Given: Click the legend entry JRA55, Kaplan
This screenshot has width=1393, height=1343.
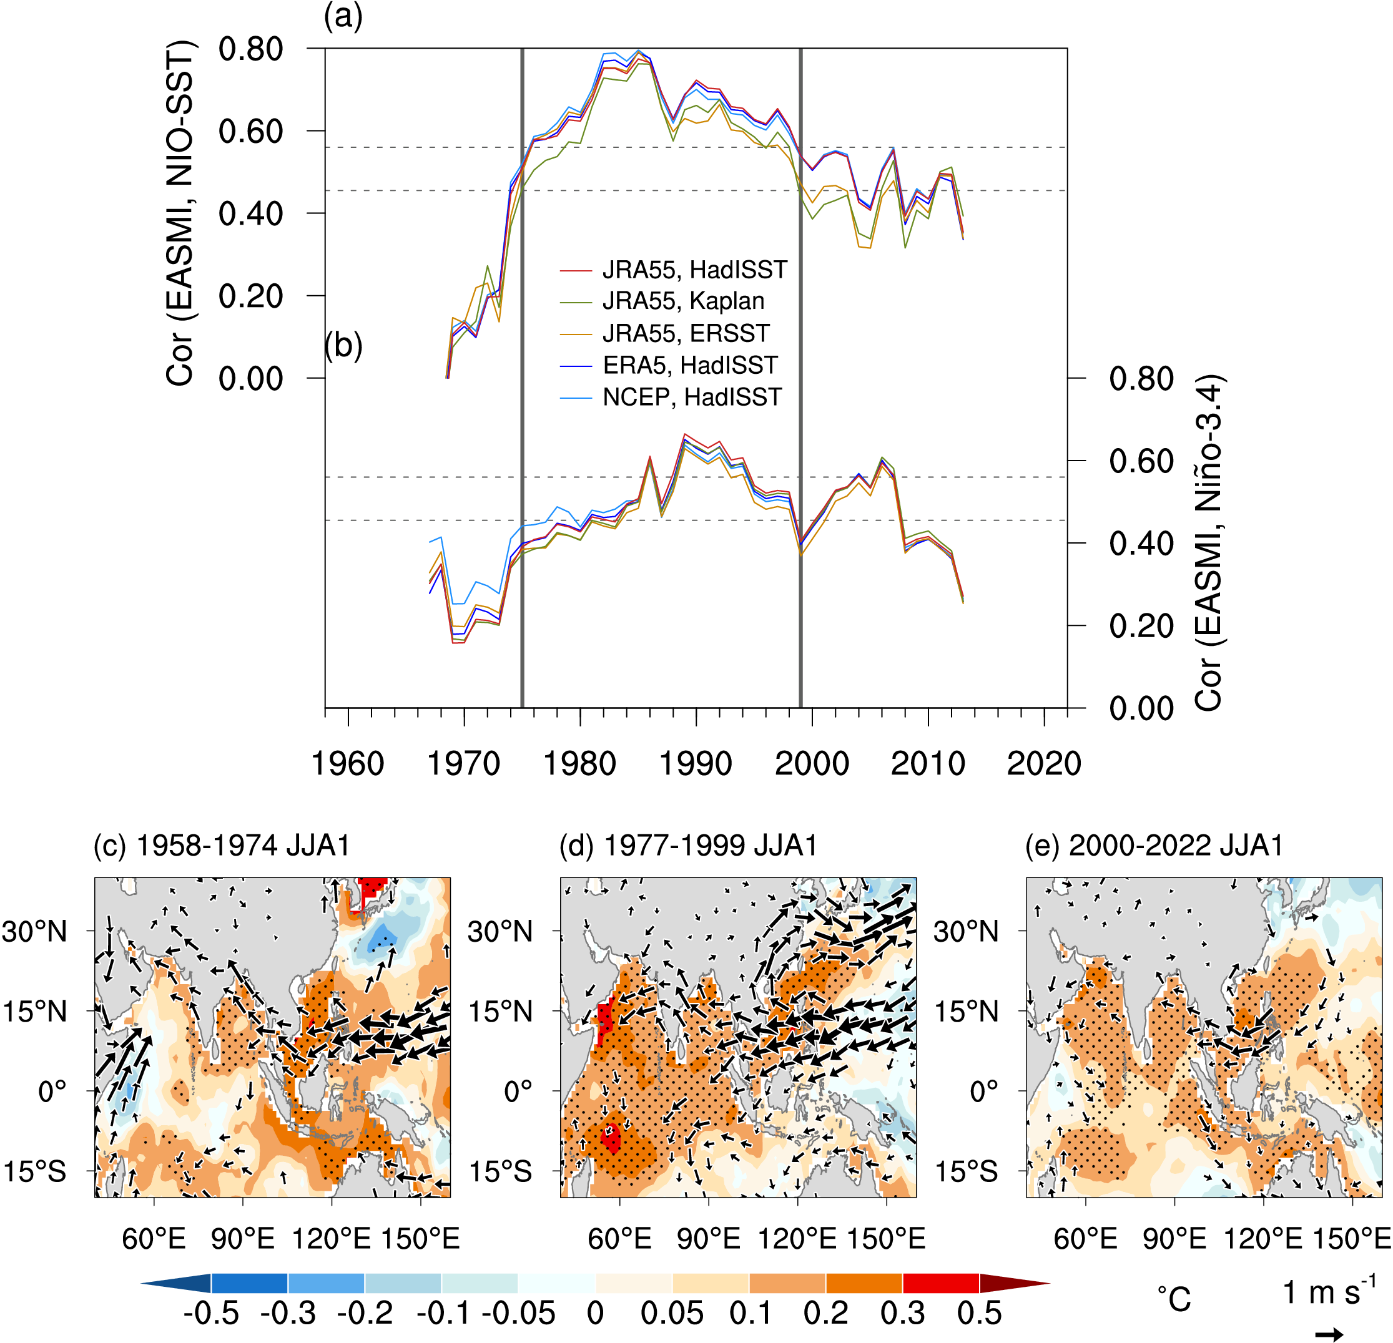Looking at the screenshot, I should [x=683, y=301].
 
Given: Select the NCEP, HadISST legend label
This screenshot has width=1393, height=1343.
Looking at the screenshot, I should [x=692, y=397].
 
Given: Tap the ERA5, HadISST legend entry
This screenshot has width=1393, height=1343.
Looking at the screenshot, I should [x=689, y=365].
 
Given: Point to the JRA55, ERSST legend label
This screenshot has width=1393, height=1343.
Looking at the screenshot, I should [x=686, y=333].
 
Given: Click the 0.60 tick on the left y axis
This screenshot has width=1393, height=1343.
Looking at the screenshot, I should [x=250, y=132].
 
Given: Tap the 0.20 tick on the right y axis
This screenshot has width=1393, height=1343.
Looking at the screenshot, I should [x=1141, y=627].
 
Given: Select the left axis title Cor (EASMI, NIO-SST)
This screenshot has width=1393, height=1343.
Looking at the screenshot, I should [x=180, y=213].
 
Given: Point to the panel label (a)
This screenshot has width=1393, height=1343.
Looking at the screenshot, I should [x=343, y=16].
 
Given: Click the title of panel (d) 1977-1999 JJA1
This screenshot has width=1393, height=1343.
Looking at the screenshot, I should [x=688, y=846].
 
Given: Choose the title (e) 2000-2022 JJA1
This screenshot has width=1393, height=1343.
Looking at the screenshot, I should [x=1154, y=846].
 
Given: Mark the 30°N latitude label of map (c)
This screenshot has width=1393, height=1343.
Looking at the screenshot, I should [x=34, y=931].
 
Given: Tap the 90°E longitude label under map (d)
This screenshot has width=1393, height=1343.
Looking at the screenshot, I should [x=709, y=1239].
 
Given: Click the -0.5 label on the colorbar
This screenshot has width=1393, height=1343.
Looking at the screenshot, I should [x=211, y=1313].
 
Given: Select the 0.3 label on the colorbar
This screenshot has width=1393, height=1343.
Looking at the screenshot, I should [x=903, y=1313].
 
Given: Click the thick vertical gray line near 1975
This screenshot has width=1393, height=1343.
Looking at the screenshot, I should [x=523, y=376].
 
